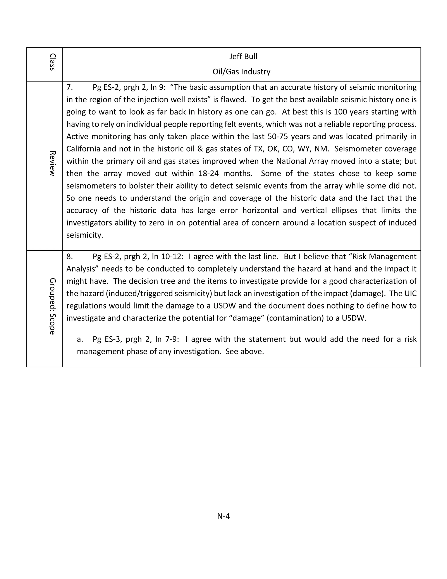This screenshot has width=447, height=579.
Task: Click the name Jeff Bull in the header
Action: coord(243,56)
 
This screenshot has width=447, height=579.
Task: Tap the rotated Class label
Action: coord(52,62)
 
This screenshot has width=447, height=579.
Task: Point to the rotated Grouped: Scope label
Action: coord(52,306)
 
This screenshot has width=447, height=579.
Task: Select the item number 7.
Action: coord(69,87)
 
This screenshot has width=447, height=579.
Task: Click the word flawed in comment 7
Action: coord(233,100)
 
